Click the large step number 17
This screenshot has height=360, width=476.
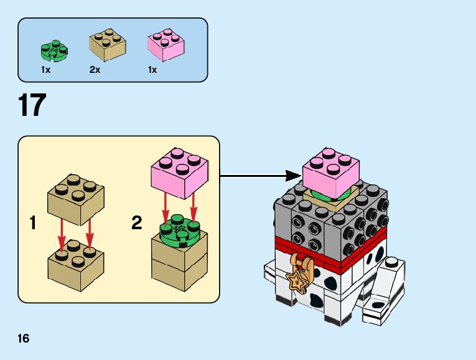[x=32, y=105]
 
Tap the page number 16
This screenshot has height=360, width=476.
[x=24, y=339]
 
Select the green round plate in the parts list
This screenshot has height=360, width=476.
[x=55, y=49]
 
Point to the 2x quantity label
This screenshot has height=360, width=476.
[x=95, y=70]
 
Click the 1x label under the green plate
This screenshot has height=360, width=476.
[x=45, y=70]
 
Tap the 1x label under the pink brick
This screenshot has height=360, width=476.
[x=152, y=70]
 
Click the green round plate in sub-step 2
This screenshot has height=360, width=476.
[x=179, y=231]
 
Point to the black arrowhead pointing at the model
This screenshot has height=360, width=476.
[x=293, y=176]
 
